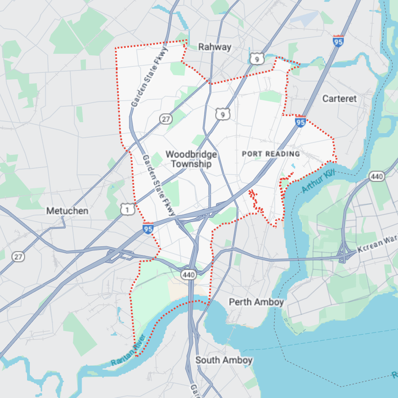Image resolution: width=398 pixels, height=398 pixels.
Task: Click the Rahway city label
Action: click(215, 47)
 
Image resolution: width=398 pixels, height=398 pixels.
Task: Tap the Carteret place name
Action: click(339, 98)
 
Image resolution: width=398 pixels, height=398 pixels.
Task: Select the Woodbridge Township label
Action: click(191, 159)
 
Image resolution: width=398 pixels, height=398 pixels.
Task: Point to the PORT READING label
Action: click(271, 154)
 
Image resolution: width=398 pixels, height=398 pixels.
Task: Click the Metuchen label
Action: click(67, 211)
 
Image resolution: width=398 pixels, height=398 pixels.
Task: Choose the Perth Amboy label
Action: click(256, 302)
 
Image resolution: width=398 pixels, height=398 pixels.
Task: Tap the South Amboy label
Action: click(224, 360)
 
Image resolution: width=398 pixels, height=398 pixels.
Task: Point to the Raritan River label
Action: click(129, 351)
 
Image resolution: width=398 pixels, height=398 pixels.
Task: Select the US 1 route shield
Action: click(127, 209)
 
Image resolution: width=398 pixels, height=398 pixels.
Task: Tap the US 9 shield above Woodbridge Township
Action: click(222, 114)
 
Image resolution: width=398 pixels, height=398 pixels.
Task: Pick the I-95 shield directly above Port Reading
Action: click(301, 121)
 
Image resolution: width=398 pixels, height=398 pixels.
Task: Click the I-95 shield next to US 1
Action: click(148, 228)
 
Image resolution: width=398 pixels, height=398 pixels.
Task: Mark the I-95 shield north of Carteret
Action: click(338, 41)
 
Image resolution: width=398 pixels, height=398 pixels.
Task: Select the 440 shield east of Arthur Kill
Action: click(376, 176)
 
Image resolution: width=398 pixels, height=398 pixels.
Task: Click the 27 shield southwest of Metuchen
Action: click(18, 257)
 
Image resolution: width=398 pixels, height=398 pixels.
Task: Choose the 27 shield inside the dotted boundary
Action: click(165, 118)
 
